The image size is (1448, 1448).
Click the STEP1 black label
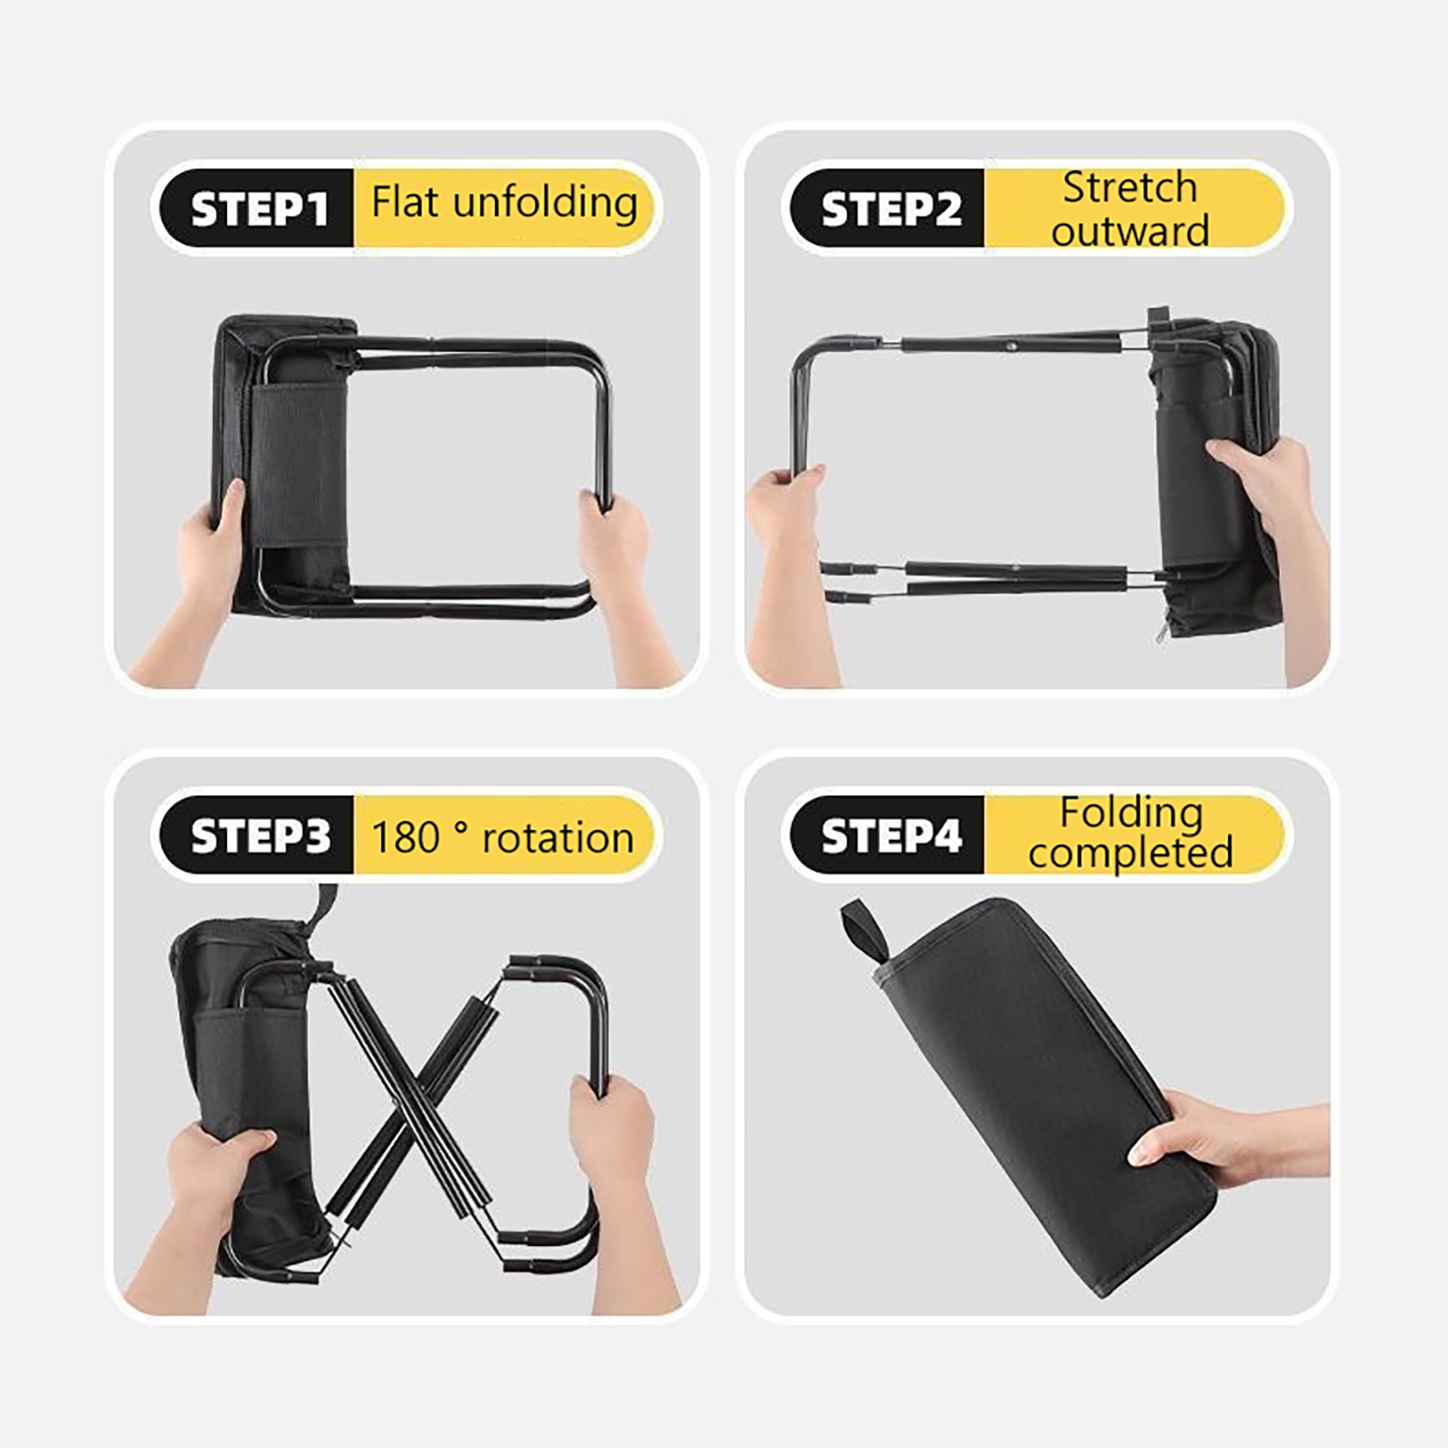pyautogui.click(x=257, y=208)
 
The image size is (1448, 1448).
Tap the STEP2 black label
pyautogui.click(x=888, y=208)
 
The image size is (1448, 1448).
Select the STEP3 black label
pyautogui.click(x=257, y=835)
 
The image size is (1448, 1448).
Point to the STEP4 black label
pyautogui.click(x=888, y=835)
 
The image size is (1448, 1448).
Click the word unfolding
pyautogui.click(x=545, y=203)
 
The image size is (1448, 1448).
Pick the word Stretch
pyautogui.click(x=1129, y=187)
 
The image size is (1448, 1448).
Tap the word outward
pyautogui.click(x=1129, y=231)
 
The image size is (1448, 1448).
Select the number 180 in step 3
pyautogui.click(x=405, y=837)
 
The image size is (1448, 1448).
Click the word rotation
pyautogui.click(x=557, y=838)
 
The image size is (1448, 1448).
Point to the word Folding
pyautogui.click(x=1131, y=814)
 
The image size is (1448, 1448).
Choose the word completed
pyautogui.click(x=1130, y=853)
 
